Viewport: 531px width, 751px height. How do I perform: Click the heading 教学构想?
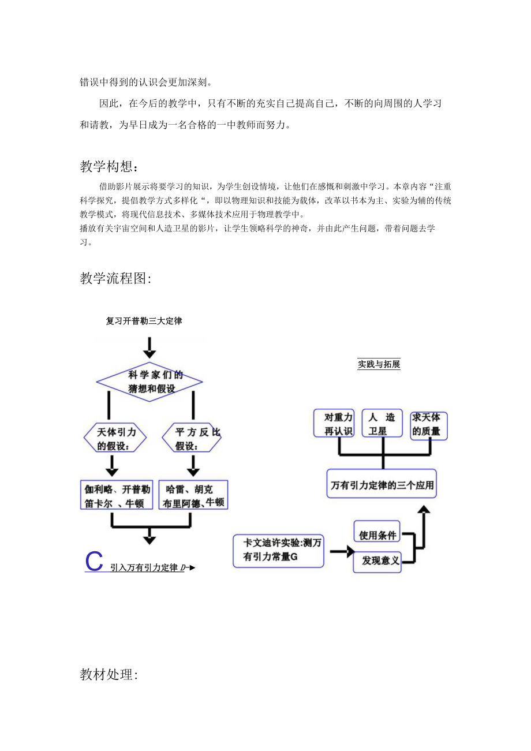(x=109, y=167)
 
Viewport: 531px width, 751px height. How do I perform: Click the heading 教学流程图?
(x=115, y=279)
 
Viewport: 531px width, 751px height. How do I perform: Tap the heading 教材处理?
(x=109, y=674)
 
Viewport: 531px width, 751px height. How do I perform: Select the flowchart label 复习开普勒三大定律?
(x=144, y=321)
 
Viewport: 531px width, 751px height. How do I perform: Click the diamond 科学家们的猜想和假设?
(x=149, y=382)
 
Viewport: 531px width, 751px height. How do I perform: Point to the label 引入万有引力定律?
(x=144, y=567)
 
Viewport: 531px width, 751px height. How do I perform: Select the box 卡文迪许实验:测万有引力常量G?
(x=279, y=551)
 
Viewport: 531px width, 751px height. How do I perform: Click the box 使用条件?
(x=378, y=535)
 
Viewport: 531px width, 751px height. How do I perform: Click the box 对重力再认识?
(x=334, y=424)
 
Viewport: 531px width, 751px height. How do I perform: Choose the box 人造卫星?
(x=382, y=424)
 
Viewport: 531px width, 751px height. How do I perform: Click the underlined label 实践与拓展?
(x=379, y=364)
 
